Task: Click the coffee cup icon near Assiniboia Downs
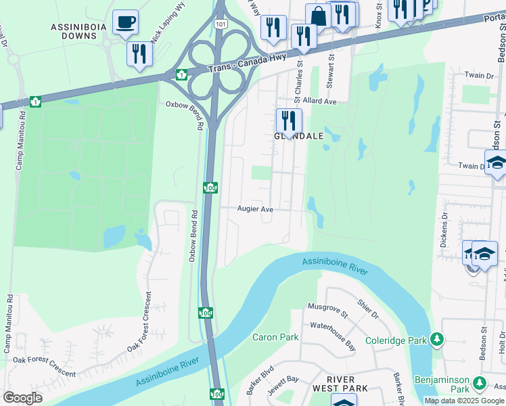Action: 125,22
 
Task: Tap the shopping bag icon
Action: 318,16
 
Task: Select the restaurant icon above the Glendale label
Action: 289,121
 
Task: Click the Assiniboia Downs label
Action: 76,33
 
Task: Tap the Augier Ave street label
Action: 255,210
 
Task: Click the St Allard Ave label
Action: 315,101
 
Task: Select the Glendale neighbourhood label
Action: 298,136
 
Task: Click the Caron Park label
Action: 275,337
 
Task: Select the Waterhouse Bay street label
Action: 333,326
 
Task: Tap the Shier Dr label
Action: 369,311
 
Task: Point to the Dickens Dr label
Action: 444,231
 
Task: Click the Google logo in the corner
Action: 22,398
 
